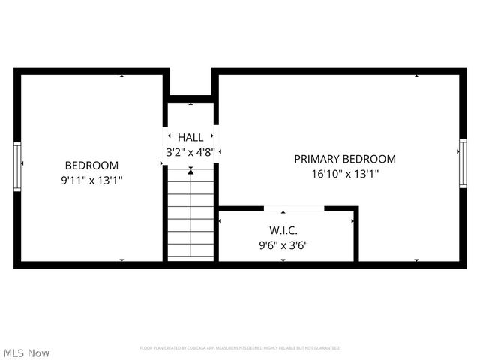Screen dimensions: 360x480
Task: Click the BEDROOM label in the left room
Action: click(x=91, y=166)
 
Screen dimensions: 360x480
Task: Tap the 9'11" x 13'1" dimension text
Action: click(x=91, y=180)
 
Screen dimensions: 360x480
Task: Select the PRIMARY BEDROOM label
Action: click(x=345, y=159)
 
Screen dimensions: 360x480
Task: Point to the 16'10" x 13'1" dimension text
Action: click(x=345, y=173)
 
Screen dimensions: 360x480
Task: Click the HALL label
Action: click(x=190, y=137)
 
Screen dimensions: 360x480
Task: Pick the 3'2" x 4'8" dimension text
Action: click(x=190, y=151)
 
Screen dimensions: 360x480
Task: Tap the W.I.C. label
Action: click(x=283, y=229)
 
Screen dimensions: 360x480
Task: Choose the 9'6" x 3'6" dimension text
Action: click(x=283, y=244)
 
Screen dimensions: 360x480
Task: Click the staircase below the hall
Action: click(x=190, y=217)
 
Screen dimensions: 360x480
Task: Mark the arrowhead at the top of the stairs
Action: click(x=190, y=172)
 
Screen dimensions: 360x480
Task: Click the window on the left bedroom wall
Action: click(x=17, y=166)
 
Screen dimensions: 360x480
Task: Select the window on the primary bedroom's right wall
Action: click(x=463, y=166)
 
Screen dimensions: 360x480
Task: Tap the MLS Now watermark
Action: click(x=27, y=352)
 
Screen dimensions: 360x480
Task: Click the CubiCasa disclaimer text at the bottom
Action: click(x=240, y=348)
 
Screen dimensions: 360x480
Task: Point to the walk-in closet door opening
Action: click(x=294, y=208)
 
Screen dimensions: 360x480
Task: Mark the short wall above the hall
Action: click(x=190, y=97)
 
